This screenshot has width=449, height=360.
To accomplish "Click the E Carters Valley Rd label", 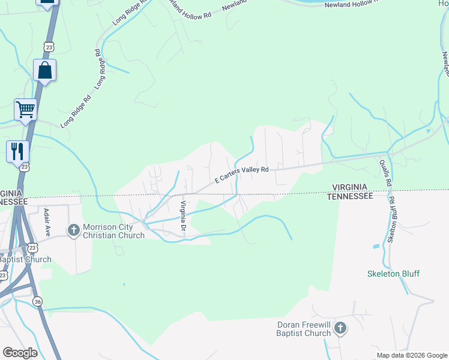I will tap(242, 175).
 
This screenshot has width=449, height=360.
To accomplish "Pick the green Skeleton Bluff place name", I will tap(393, 274).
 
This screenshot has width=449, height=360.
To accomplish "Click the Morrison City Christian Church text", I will tap(113, 231).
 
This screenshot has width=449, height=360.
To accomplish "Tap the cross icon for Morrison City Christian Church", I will tap(74, 230).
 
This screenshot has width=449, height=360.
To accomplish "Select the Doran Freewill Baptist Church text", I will tap(304, 329).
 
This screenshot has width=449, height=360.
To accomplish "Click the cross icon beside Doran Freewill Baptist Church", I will tap(340, 328).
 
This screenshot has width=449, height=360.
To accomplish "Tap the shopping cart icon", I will tap(26, 109).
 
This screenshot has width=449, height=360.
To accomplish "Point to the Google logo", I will tap(20, 353).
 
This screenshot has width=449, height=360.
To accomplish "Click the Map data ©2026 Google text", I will tap(412, 355).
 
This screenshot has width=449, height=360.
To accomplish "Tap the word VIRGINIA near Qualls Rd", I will tap(351, 187).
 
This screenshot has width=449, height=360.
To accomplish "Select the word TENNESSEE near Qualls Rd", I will tap(351, 196).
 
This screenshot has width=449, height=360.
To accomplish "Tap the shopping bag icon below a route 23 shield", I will tap(45, 70).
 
